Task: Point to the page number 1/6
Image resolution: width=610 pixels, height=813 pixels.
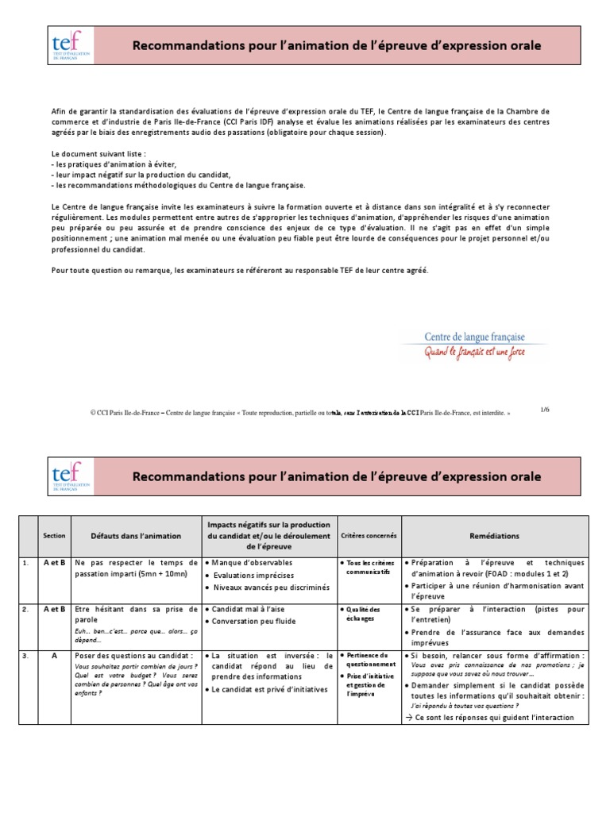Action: (545, 409)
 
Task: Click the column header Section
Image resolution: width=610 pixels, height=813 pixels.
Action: (54, 536)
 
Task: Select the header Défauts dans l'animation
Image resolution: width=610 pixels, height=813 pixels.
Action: (135, 536)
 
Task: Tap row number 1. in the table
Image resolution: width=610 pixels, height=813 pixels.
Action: (26, 562)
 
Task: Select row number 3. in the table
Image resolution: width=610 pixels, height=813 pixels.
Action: (26, 657)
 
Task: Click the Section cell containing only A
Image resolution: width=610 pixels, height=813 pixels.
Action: (54, 657)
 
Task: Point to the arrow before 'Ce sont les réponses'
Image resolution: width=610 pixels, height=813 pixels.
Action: (407, 717)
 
